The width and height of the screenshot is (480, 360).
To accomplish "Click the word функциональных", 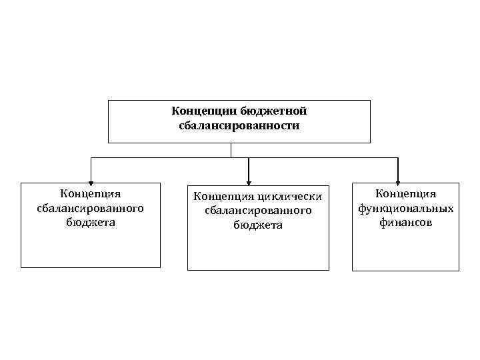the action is (405, 209).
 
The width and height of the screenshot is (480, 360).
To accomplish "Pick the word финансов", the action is (405, 223).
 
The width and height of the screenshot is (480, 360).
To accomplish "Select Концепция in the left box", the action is (91, 194).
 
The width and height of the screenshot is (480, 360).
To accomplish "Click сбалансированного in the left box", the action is (91, 208).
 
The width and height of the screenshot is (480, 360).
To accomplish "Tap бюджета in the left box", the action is (91, 222).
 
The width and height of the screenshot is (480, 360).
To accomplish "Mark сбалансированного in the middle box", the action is (258, 211).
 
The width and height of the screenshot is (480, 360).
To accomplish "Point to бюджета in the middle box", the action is (258, 225).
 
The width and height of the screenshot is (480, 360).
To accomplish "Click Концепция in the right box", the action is (405, 194).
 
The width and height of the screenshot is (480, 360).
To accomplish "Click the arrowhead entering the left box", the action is (91, 179).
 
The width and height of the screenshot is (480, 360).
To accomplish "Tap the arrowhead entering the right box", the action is (398, 179).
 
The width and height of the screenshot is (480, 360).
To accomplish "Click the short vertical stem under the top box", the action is (231, 150).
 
